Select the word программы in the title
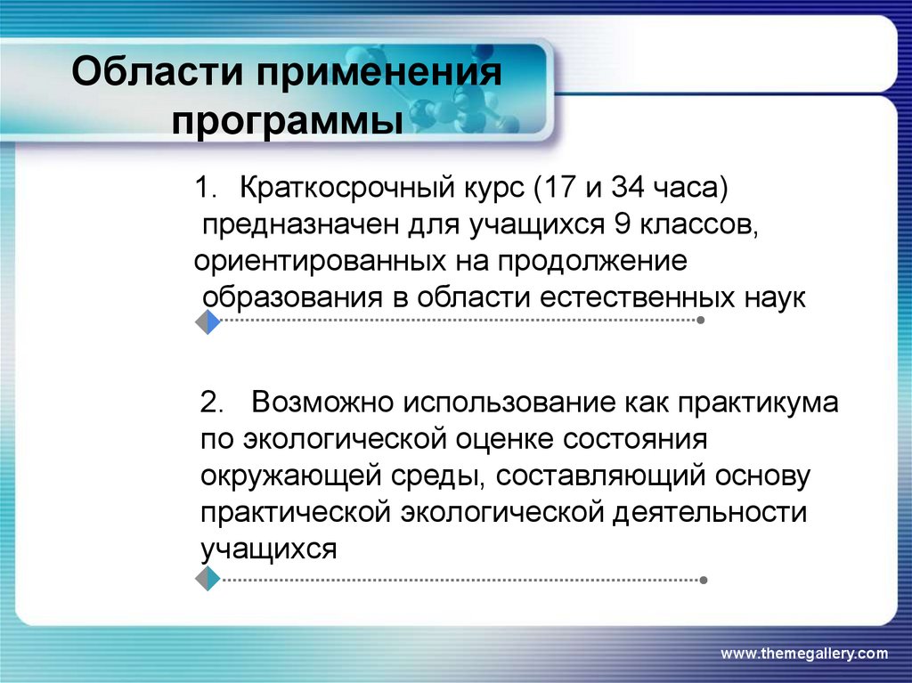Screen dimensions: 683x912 point(287,120)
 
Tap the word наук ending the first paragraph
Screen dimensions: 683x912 point(775,297)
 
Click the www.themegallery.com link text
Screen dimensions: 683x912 point(803,655)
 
